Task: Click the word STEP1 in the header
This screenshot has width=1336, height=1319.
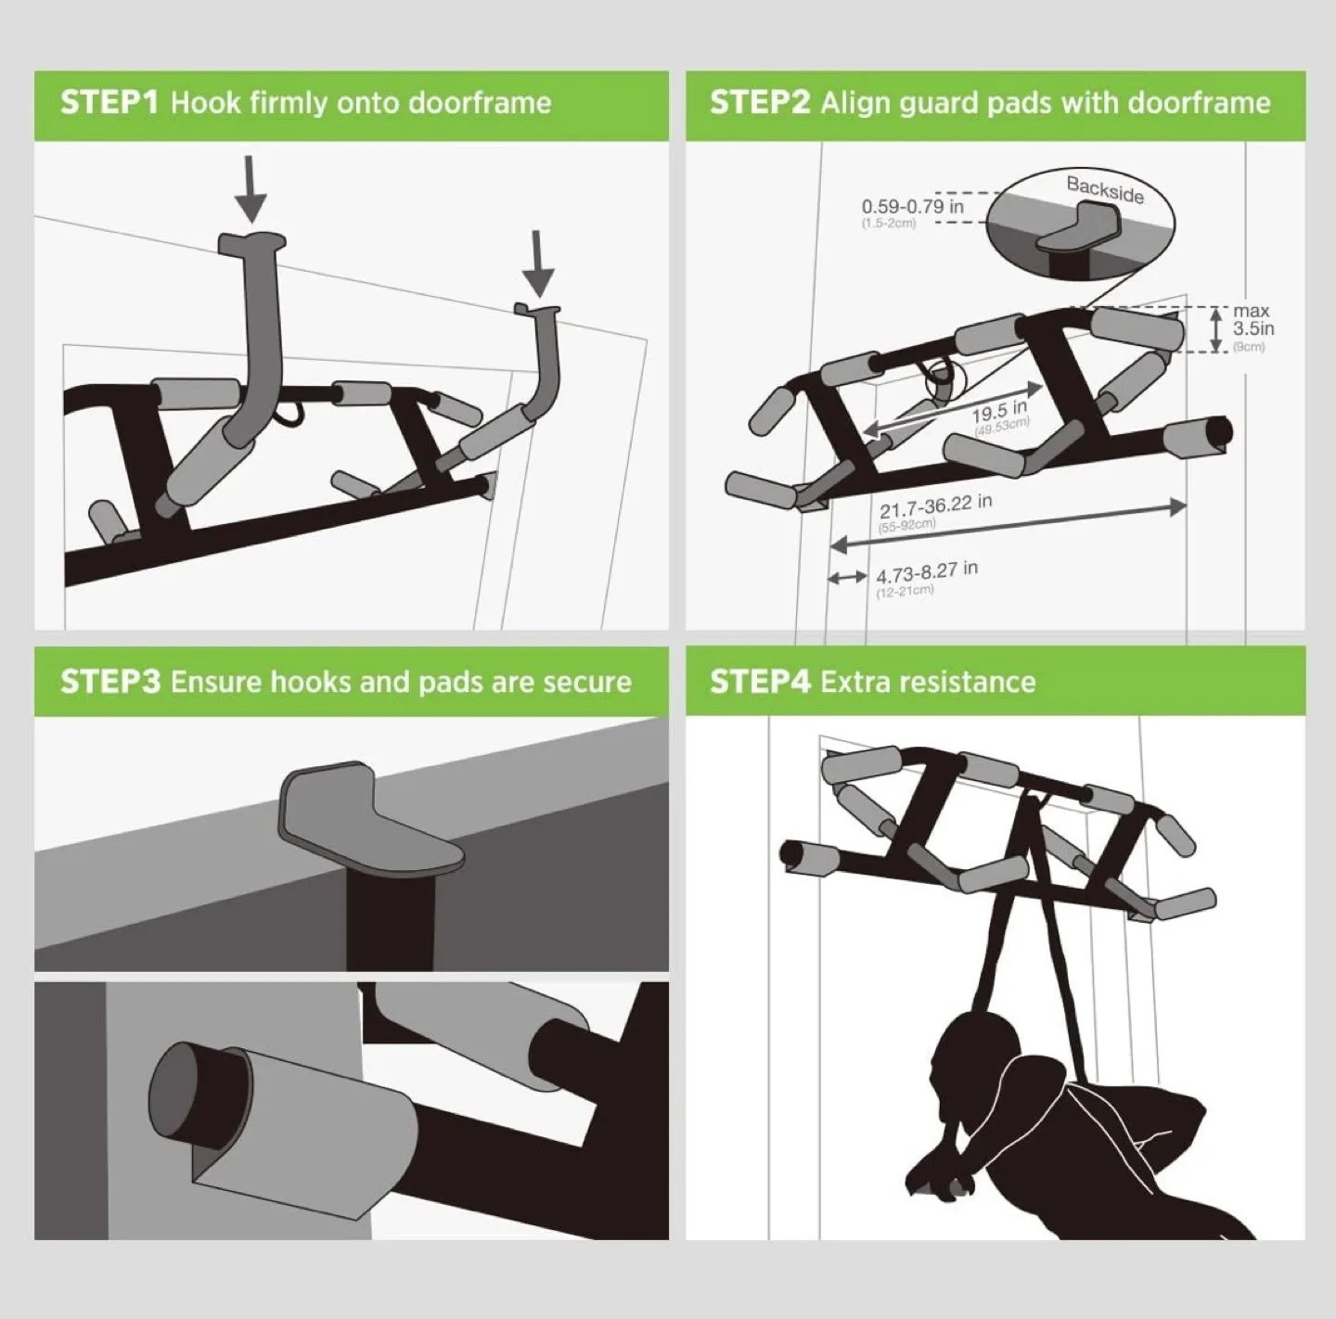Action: coord(109,102)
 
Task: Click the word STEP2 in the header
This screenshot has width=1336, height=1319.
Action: coord(760,102)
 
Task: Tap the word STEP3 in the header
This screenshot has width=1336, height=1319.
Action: coord(109,682)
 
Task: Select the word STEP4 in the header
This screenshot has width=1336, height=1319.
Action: coord(760,682)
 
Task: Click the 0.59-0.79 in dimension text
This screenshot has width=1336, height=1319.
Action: coord(912,206)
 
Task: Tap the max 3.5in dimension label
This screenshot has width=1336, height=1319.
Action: coord(1252,320)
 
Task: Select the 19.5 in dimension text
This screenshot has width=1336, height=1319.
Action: coord(999,411)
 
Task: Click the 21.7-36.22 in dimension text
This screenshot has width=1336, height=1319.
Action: coord(935,506)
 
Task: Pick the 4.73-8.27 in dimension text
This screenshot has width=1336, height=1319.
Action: coord(926,573)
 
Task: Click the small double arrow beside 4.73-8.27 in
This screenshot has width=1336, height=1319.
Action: coord(846,578)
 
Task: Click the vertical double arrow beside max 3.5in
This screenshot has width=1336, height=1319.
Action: coord(1216,330)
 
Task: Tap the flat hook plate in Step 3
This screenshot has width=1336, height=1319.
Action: coord(371,826)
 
